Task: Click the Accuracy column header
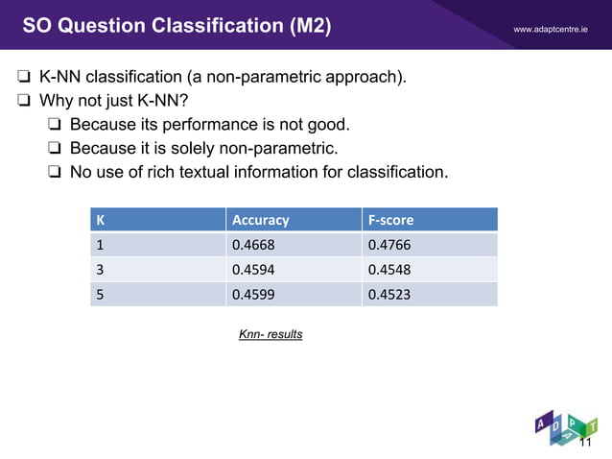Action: coord(260,220)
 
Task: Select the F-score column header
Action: coord(390,220)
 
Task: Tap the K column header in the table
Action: coord(99,220)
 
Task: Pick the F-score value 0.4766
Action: coord(388,245)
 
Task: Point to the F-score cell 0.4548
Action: coord(388,270)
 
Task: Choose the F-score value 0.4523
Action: coord(388,295)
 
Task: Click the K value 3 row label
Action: coord(98,270)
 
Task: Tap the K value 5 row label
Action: coord(98,295)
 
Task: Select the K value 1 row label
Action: coord(98,245)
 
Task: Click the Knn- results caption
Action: coord(271,334)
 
